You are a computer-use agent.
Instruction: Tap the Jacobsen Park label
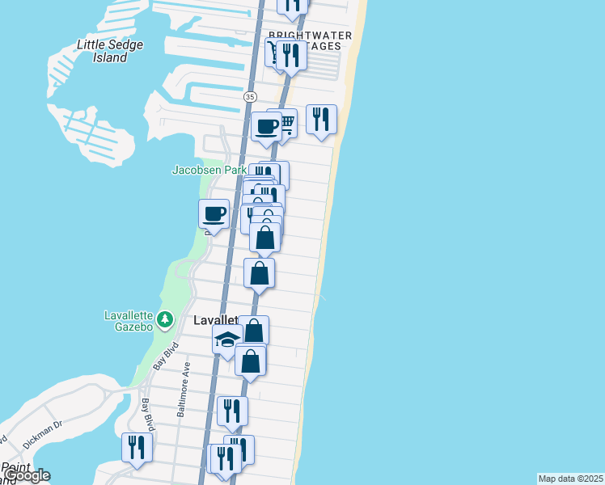pyautogui.click(x=209, y=170)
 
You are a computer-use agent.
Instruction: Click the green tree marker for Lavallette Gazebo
pyautogui.click(x=165, y=319)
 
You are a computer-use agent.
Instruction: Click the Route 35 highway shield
pyautogui.click(x=249, y=96)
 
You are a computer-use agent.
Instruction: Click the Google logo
pyautogui.click(x=26, y=475)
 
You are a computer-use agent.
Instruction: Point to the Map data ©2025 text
pyautogui.click(x=571, y=479)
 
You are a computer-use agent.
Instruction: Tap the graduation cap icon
pyautogui.click(x=227, y=339)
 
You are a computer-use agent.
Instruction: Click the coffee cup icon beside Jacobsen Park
pyautogui.click(x=214, y=214)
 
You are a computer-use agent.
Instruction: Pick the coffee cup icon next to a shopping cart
pyautogui.click(x=266, y=126)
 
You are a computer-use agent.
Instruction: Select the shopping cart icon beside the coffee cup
pyautogui.click(x=286, y=123)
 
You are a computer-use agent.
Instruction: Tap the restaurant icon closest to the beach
pyautogui.click(x=321, y=119)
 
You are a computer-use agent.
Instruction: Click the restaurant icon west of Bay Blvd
pyautogui.click(x=137, y=448)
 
